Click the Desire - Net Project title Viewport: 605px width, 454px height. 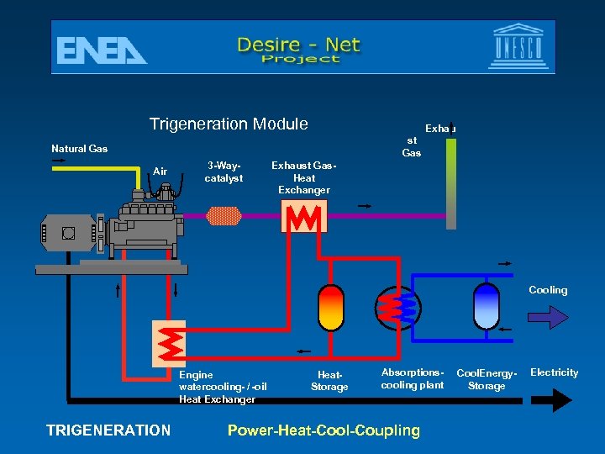(299, 49)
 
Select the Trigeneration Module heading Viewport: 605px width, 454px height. (229, 124)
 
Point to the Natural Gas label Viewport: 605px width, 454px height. (80, 149)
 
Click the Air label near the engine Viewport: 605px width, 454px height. (160, 172)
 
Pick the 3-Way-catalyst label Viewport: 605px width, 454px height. (224, 172)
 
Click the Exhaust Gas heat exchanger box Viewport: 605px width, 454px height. (304, 217)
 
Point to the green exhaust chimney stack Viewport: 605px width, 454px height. (451, 182)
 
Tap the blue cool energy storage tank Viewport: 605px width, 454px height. (487, 305)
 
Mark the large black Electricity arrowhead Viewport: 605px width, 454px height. (560, 401)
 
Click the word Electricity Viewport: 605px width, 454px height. (555, 372)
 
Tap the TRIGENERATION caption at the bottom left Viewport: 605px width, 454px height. (108, 430)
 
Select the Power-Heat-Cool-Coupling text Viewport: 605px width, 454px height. (324, 430)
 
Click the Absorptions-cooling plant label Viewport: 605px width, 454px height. (412, 378)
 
